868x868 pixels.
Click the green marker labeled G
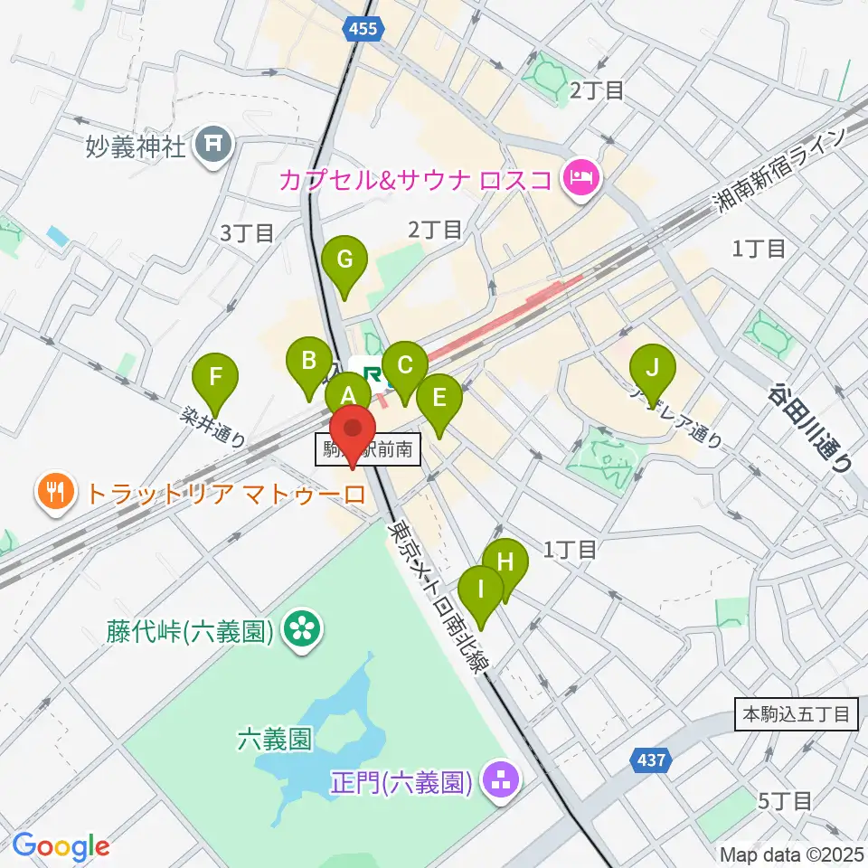(x=344, y=261)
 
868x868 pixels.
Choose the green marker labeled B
(x=308, y=363)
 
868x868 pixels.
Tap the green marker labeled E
(x=439, y=399)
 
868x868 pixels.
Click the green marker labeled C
(x=404, y=366)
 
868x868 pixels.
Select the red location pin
(x=353, y=430)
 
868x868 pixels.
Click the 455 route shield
(x=364, y=30)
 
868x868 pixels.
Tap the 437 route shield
(x=650, y=761)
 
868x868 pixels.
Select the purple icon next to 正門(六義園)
(x=498, y=780)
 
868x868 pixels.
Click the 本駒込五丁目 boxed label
(x=795, y=714)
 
